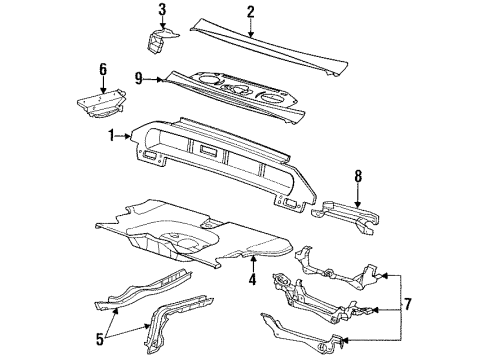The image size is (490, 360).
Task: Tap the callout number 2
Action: pyautogui.click(x=251, y=12)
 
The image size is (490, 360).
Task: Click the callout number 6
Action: pyautogui.click(x=101, y=69)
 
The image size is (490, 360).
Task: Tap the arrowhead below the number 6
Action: pyautogui.click(x=101, y=90)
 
